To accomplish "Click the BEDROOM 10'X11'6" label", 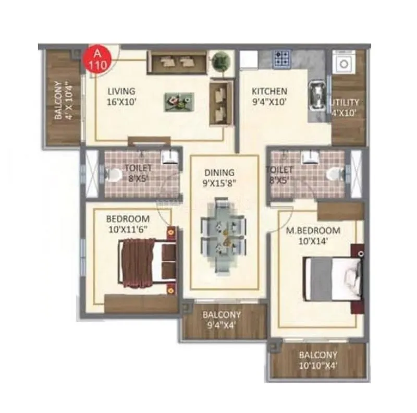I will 128,223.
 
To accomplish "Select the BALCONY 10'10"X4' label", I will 317,360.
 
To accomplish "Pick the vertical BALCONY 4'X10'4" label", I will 62,100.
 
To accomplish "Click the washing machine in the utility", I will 345,64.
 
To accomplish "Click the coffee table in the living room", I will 179,101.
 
